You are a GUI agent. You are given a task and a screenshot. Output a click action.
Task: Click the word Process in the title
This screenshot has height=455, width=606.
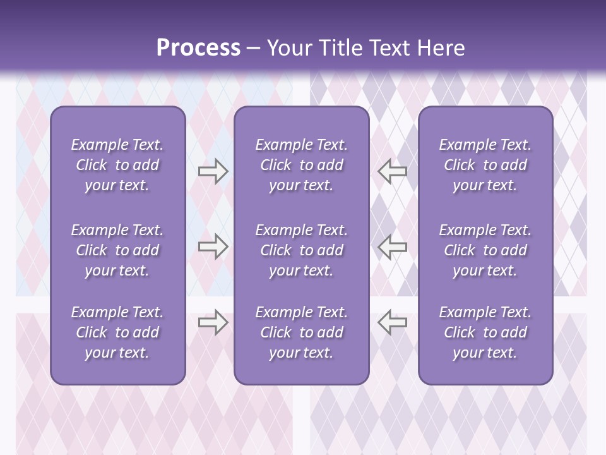198,48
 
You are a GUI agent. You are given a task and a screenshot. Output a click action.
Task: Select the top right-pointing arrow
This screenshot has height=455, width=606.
213,171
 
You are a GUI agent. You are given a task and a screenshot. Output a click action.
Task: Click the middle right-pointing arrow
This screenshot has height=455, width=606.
213,246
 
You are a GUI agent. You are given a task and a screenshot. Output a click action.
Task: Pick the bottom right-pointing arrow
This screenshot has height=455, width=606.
213,322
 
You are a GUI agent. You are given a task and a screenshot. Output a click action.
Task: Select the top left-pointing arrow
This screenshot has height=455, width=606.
392,171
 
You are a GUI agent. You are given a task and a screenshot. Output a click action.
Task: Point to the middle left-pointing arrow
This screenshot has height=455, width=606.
392,246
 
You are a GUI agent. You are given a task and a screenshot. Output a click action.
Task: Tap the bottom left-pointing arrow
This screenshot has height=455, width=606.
392,322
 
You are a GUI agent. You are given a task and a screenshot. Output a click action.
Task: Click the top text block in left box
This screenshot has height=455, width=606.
117,165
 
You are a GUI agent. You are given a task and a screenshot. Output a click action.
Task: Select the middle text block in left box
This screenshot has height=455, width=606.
117,250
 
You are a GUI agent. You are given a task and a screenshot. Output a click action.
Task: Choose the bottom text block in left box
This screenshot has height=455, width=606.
117,332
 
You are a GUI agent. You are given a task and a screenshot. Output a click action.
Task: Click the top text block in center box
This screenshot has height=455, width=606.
301,165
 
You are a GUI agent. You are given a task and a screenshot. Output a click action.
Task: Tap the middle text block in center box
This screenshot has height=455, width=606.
301,250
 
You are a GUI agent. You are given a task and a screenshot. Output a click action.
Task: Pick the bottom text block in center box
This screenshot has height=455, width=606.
301,332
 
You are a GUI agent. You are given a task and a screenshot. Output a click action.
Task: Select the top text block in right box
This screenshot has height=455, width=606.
485,165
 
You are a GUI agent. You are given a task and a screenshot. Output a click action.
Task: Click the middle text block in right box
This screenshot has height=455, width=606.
485,250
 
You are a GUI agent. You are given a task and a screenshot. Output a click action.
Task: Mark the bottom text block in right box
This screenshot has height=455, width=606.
485,332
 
